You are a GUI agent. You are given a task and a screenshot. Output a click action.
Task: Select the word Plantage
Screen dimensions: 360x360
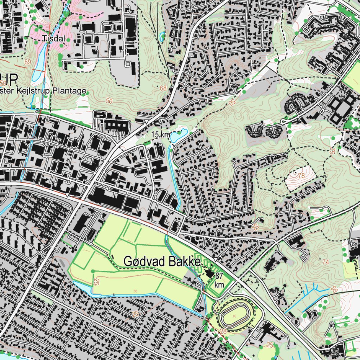point(70,91)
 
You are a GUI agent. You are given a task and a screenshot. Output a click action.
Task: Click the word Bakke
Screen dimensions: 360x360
point(183,262)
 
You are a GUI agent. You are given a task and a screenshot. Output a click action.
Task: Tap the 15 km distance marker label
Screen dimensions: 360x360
point(161,135)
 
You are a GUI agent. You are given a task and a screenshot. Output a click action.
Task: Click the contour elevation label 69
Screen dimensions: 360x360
point(28,62)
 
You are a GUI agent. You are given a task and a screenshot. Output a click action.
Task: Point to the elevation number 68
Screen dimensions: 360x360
point(163,88)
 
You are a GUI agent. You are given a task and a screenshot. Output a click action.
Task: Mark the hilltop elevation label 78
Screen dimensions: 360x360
point(301,175)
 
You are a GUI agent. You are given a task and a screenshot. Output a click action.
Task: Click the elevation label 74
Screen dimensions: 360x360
point(326,262)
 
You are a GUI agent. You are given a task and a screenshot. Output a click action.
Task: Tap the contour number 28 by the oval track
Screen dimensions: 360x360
point(223,331)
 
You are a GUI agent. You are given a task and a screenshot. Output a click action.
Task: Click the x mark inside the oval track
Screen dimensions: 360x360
point(234,316)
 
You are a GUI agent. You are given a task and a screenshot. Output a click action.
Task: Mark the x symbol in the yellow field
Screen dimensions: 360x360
point(135,290)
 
